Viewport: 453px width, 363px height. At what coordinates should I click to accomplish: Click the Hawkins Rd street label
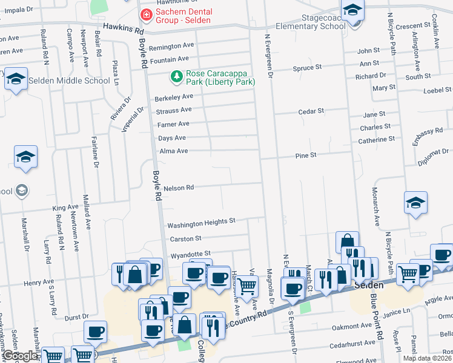click(124, 28)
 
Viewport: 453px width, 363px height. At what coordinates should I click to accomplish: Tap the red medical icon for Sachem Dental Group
click(145, 14)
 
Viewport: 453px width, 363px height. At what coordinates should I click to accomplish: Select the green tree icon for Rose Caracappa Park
click(176, 77)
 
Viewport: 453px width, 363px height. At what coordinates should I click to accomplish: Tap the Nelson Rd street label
click(178, 188)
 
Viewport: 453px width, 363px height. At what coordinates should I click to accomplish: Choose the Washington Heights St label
click(201, 222)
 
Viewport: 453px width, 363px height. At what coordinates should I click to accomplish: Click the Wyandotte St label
click(190, 253)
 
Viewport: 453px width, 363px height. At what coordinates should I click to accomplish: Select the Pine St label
click(306, 155)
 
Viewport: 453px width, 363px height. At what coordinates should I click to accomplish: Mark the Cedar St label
click(312, 111)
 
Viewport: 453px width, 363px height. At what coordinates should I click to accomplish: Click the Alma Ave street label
click(173, 151)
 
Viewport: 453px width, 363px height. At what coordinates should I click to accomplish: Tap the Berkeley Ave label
click(174, 97)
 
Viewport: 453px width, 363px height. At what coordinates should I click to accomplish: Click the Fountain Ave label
click(170, 60)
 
